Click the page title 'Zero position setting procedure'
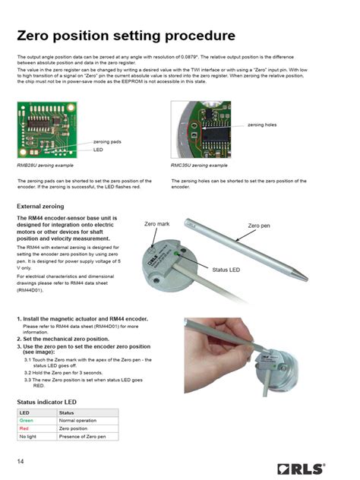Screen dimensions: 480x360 pos(125,36)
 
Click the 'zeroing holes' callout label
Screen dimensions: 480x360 pos(263,125)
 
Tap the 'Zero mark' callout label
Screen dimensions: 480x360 pos(157,225)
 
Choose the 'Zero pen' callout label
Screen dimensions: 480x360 pos(259,226)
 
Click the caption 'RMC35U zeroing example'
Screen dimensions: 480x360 pos(199,165)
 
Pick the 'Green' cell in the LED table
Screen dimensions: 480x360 pos(27,420)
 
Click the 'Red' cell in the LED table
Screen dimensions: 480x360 pos(24,428)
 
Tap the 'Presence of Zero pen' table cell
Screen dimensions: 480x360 pos(83,437)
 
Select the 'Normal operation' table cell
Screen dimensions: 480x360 pos(78,420)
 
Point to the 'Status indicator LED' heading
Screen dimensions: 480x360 pos(47,401)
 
